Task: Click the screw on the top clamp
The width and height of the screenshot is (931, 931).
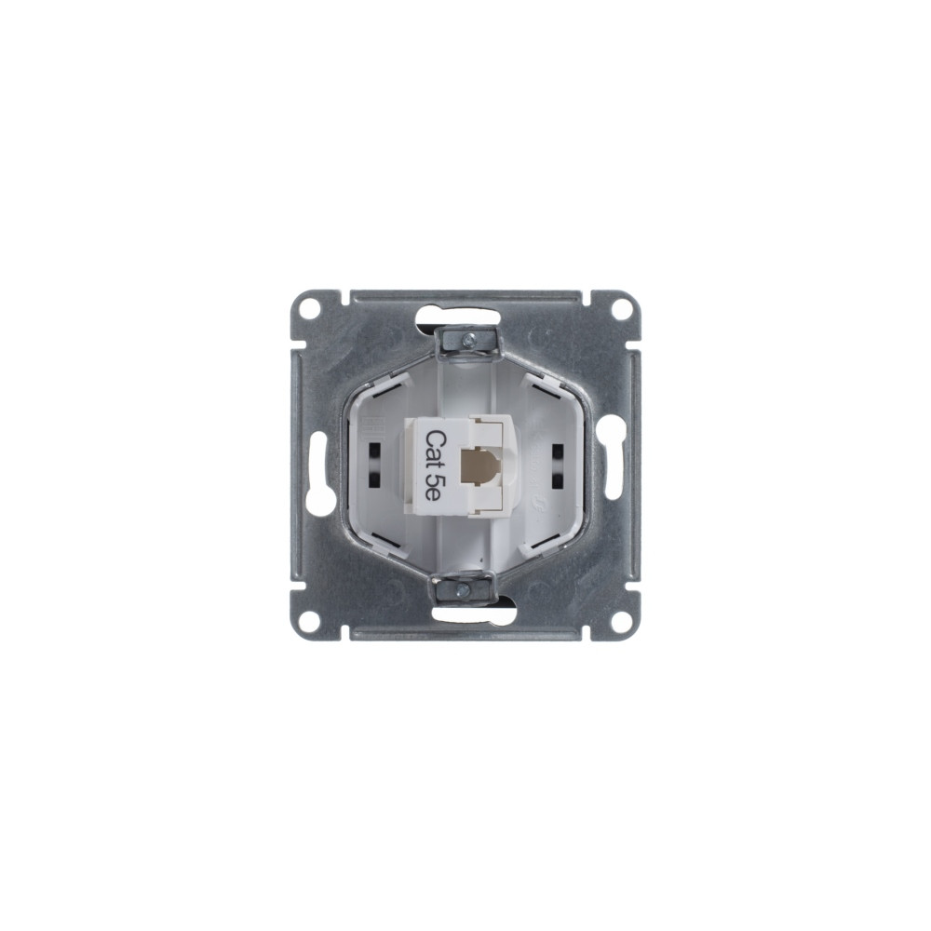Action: [468, 340]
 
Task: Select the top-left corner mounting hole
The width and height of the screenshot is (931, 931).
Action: [307, 307]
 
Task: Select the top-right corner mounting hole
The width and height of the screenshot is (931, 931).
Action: [621, 307]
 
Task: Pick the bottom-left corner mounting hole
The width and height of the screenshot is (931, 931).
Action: [307, 623]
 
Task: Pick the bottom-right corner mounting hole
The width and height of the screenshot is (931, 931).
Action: [621, 623]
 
